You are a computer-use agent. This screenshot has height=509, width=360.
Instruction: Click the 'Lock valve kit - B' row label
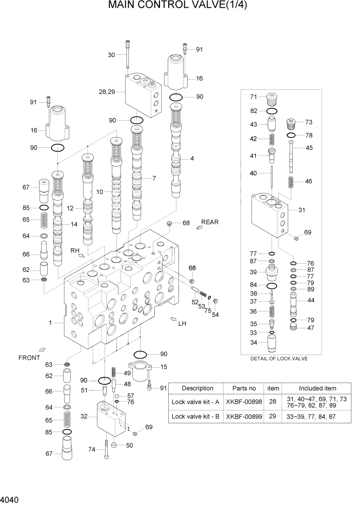(x=196, y=416)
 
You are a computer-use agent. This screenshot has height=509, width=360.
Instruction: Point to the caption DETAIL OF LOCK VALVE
(x=279, y=359)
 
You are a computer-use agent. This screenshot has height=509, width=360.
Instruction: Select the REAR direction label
(x=210, y=222)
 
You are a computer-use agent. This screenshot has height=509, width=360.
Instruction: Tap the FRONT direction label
(x=29, y=357)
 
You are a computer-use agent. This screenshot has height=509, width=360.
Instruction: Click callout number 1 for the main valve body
(x=50, y=323)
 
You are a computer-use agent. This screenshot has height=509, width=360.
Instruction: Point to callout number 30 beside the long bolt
(x=111, y=55)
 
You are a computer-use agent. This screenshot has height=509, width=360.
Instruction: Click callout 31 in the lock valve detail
(x=302, y=209)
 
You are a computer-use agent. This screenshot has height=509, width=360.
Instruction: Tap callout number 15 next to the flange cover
(x=164, y=367)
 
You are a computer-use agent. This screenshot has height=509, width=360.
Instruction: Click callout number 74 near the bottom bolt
(x=92, y=449)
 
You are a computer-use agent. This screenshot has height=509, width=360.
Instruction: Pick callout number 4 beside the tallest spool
(x=192, y=159)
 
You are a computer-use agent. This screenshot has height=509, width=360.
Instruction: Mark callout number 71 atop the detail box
(x=254, y=97)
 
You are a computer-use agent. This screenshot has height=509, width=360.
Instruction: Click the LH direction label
(x=182, y=324)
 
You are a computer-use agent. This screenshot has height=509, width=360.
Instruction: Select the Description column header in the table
(x=197, y=388)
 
